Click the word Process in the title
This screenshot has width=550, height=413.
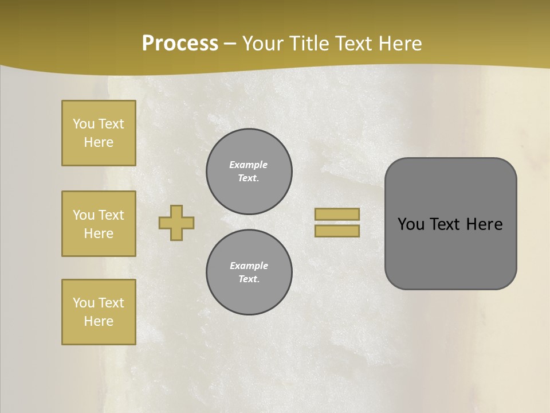pyautogui.click(x=180, y=44)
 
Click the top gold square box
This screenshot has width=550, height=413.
pyautogui.click(x=99, y=133)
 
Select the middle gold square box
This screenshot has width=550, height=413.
pyautogui.click(x=99, y=224)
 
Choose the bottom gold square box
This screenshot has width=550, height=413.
pyautogui.click(x=99, y=312)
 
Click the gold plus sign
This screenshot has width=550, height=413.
pyautogui.click(x=176, y=223)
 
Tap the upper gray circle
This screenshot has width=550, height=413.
pyautogui.click(x=249, y=172)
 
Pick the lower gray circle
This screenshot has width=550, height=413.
pyautogui.click(x=249, y=272)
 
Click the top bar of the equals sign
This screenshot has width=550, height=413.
pyautogui.click(x=337, y=214)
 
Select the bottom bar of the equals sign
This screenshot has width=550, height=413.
pyautogui.click(x=337, y=231)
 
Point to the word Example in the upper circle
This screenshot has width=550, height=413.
pyautogui.click(x=249, y=165)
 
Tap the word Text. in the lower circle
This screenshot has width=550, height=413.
pyautogui.click(x=249, y=279)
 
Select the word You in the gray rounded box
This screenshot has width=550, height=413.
pyautogui.click(x=410, y=224)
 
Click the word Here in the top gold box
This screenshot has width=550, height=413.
pyautogui.click(x=99, y=142)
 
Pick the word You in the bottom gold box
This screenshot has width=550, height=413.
pyautogui.click(x=84, y=303)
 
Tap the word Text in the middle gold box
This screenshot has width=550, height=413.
pyautogui.click(x=111, y=215)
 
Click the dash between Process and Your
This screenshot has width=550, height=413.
pyautogui.click(x=230, y=44)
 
